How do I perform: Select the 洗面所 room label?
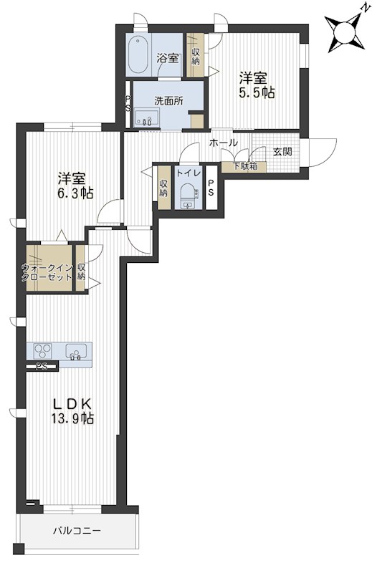coord(168,101)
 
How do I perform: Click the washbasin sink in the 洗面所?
coord(147,117)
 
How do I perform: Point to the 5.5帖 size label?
coord(257,92)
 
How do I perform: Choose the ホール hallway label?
coord(224,143)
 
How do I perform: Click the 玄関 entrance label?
coord(283,151)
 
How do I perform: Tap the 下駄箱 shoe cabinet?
coord(244,166)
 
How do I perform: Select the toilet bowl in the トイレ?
coord(188,193)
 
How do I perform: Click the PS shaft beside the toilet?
coord(211,188)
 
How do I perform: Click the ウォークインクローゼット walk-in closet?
coord(49,268)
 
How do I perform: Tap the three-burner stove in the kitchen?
coord(43,352)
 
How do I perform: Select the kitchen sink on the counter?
coord(76,352)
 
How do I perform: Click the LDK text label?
coord(72,404)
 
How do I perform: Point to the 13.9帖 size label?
coord(72,418)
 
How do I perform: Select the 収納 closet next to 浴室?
coord(195,56)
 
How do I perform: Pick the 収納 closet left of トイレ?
coord(163,188)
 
